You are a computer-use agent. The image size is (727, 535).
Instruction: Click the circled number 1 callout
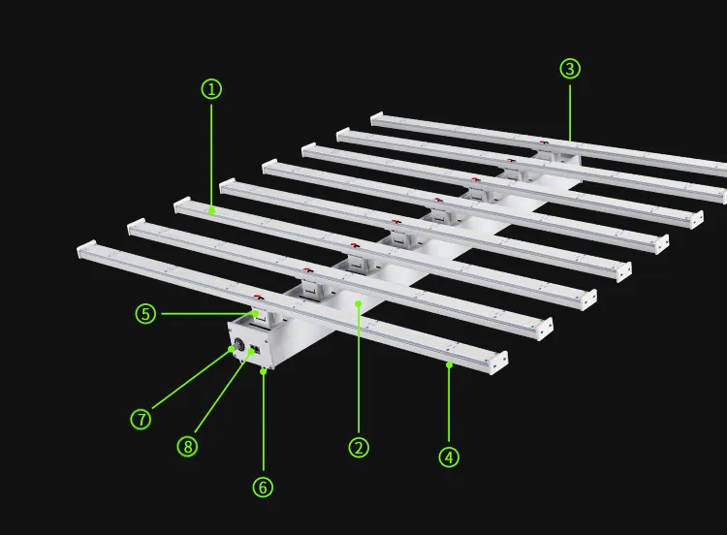click(211, 89)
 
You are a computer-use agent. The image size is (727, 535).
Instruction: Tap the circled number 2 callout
click(359, 448)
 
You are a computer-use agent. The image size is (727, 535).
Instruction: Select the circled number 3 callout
click(570, 69)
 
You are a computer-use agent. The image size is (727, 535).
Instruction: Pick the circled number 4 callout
click(449, 457)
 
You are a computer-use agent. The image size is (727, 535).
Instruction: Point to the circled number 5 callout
click(145, 314)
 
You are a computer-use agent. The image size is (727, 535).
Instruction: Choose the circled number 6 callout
click(263, 488)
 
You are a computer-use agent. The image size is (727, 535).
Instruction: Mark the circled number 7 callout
click(141, 419)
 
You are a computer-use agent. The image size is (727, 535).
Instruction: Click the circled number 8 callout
click(187, 446)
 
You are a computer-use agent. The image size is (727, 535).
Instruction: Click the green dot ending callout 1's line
click(211, 211)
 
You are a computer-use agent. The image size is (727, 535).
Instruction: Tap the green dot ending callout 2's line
click(358, 303)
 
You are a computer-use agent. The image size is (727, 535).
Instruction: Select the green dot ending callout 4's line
click(449, 365)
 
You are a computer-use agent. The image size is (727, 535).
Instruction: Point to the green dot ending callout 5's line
click(256, 314)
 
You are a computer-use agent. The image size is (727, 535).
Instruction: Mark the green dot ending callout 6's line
click(264, 371)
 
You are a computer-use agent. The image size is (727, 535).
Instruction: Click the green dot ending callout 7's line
click(232, 349)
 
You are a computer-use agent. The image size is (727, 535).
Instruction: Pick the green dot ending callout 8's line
click(252, 351)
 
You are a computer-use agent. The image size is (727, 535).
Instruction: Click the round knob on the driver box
click(239, 345)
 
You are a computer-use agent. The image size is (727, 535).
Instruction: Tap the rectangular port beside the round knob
click(255, 350)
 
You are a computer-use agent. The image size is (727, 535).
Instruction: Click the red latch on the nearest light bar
click(258, 297)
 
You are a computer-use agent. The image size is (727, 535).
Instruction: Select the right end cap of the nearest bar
click(498, 362)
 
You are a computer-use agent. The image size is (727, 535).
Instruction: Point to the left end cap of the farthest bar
click(376, 117)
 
